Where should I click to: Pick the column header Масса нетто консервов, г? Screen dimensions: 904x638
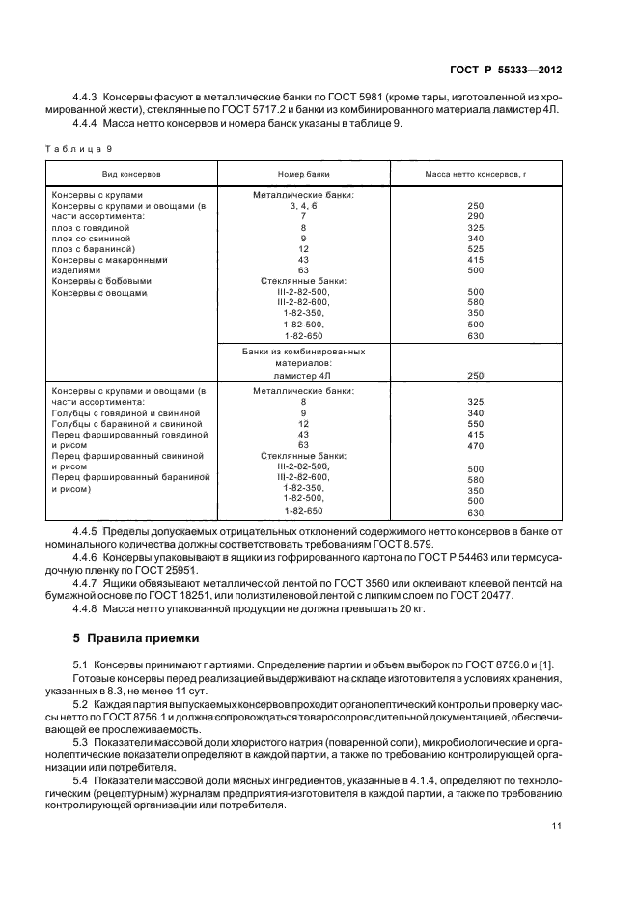tap(475, 174)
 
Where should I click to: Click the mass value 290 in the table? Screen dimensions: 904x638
tap(475, 216)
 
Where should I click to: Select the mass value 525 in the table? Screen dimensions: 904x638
tap(475, 248)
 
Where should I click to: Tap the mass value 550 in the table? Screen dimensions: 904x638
tap(475, 423)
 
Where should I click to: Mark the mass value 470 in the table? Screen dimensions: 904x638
tap(475, 445)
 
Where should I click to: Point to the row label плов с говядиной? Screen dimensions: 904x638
tap(89, 227)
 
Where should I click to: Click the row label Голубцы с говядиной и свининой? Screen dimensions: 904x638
tap(126, 412)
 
